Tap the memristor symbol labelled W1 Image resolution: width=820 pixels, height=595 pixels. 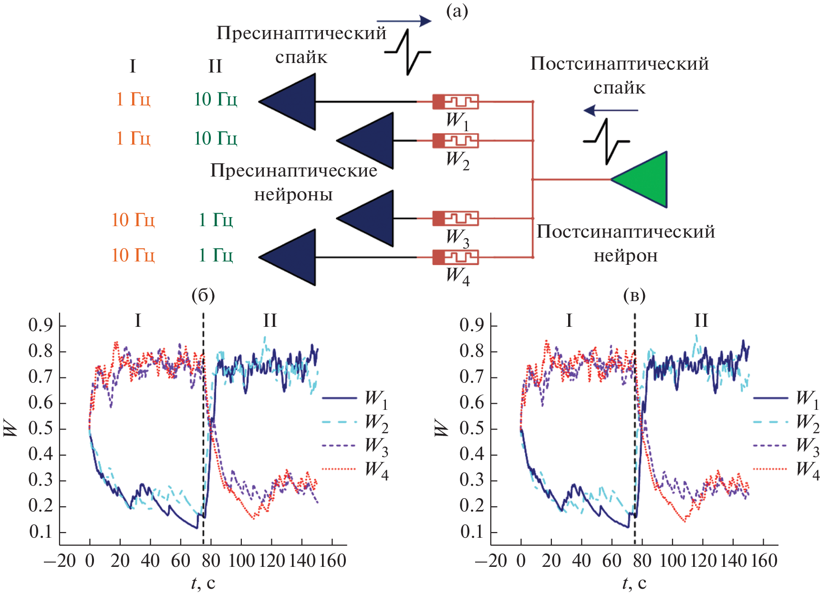point(455,102)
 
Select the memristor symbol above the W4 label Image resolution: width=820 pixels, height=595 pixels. point(455,257)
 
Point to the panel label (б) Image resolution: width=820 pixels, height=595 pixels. point(203,296)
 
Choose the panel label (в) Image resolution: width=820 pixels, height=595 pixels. point(634,296)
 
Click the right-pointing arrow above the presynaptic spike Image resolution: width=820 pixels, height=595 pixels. point(404,21)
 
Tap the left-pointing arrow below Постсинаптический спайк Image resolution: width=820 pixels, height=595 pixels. point(611,111)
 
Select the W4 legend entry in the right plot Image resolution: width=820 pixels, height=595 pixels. point(787,469)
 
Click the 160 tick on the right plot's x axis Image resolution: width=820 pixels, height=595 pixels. point(764,561)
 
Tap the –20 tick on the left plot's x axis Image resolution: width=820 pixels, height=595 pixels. point(60,561)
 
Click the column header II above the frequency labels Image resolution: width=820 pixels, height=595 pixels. point(215,66)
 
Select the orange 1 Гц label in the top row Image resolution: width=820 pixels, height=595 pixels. point(133,99)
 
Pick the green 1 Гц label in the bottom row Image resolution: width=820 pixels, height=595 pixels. point(216,255)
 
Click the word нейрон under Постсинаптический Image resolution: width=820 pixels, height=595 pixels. point(625,256)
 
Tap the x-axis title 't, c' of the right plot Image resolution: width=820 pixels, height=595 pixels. point(634,583)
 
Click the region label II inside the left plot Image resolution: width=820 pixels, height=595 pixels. point(270,321)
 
